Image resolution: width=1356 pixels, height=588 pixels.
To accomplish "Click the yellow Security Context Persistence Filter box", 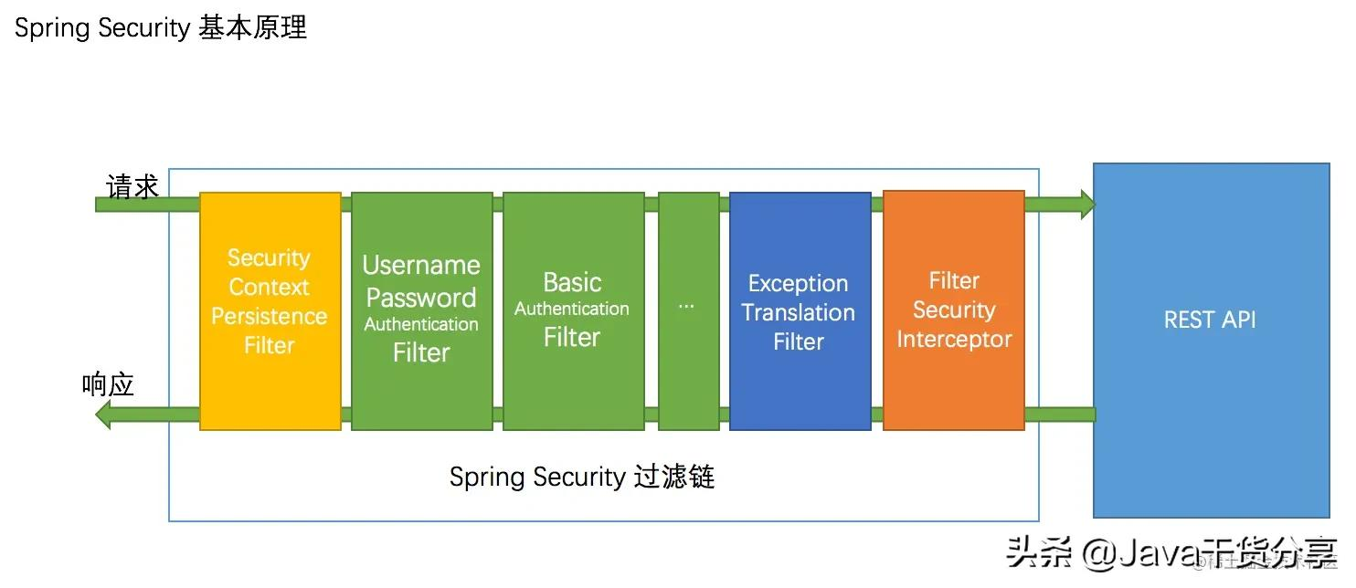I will click(x=270, y=310).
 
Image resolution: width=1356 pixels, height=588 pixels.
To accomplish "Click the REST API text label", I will click(x=1209, y=320).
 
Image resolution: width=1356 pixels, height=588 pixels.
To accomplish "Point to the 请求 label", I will click(x=132, y=186).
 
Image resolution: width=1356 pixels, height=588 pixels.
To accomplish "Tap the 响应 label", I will click(x=108, y=384).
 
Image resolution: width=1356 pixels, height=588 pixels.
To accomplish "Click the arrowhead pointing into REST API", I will click(x=1086, y=205).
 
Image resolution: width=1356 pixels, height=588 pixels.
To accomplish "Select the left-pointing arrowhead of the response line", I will click(x=103, y=415).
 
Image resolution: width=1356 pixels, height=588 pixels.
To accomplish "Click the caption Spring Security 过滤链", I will click(x=581, y=477).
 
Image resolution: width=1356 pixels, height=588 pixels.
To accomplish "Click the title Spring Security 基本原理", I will click(x=160, y=27).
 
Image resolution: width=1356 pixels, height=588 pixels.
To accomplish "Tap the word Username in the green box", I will click(x=421, y=265).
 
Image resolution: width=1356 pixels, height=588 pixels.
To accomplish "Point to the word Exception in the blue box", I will click(x=798, y=283).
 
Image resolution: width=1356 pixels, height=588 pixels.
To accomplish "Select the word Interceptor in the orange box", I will click(x=953, y=339).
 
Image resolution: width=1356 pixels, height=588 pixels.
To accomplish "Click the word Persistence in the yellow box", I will click(x=269, y=316).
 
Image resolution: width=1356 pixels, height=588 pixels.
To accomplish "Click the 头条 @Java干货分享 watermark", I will click(x=1170, y=551).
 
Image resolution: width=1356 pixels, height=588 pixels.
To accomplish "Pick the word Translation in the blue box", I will click(x=798, y=312).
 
